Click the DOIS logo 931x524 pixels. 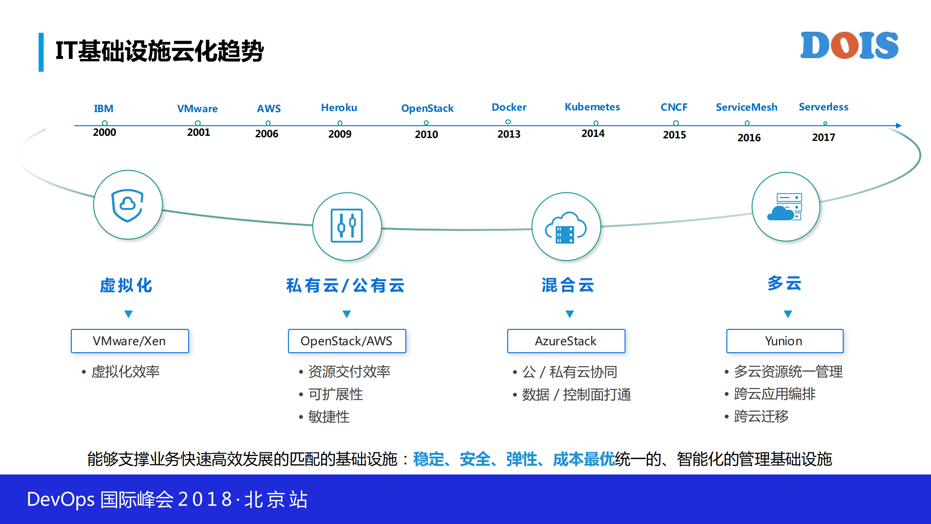tap(849, 46)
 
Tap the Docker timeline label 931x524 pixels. tap(509, 107)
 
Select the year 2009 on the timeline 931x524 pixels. tap(339, 134)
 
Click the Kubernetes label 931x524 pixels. tap(592, 107)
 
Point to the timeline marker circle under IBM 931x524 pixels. tap(104, 123)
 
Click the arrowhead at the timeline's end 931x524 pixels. tap(898, 126)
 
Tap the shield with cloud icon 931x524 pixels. tap(127, 205)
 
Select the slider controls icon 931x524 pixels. tap(346, 226)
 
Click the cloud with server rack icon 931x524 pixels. tap(565, 227)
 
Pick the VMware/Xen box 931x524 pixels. tap(130, 341)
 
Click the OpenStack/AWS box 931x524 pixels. tap(346, 341)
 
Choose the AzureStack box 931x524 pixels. tap(566, 341)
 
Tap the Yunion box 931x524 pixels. tap(784, 341)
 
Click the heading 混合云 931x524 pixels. tap(567, 285)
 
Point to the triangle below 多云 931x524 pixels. tap(788, 314)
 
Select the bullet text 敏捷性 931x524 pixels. tap(329, 417)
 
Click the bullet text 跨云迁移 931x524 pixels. tap(761, 416)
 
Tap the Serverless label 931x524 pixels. tap(823, 107)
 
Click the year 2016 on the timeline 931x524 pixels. tap(749, 138)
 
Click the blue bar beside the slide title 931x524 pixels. tap(41, 52)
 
